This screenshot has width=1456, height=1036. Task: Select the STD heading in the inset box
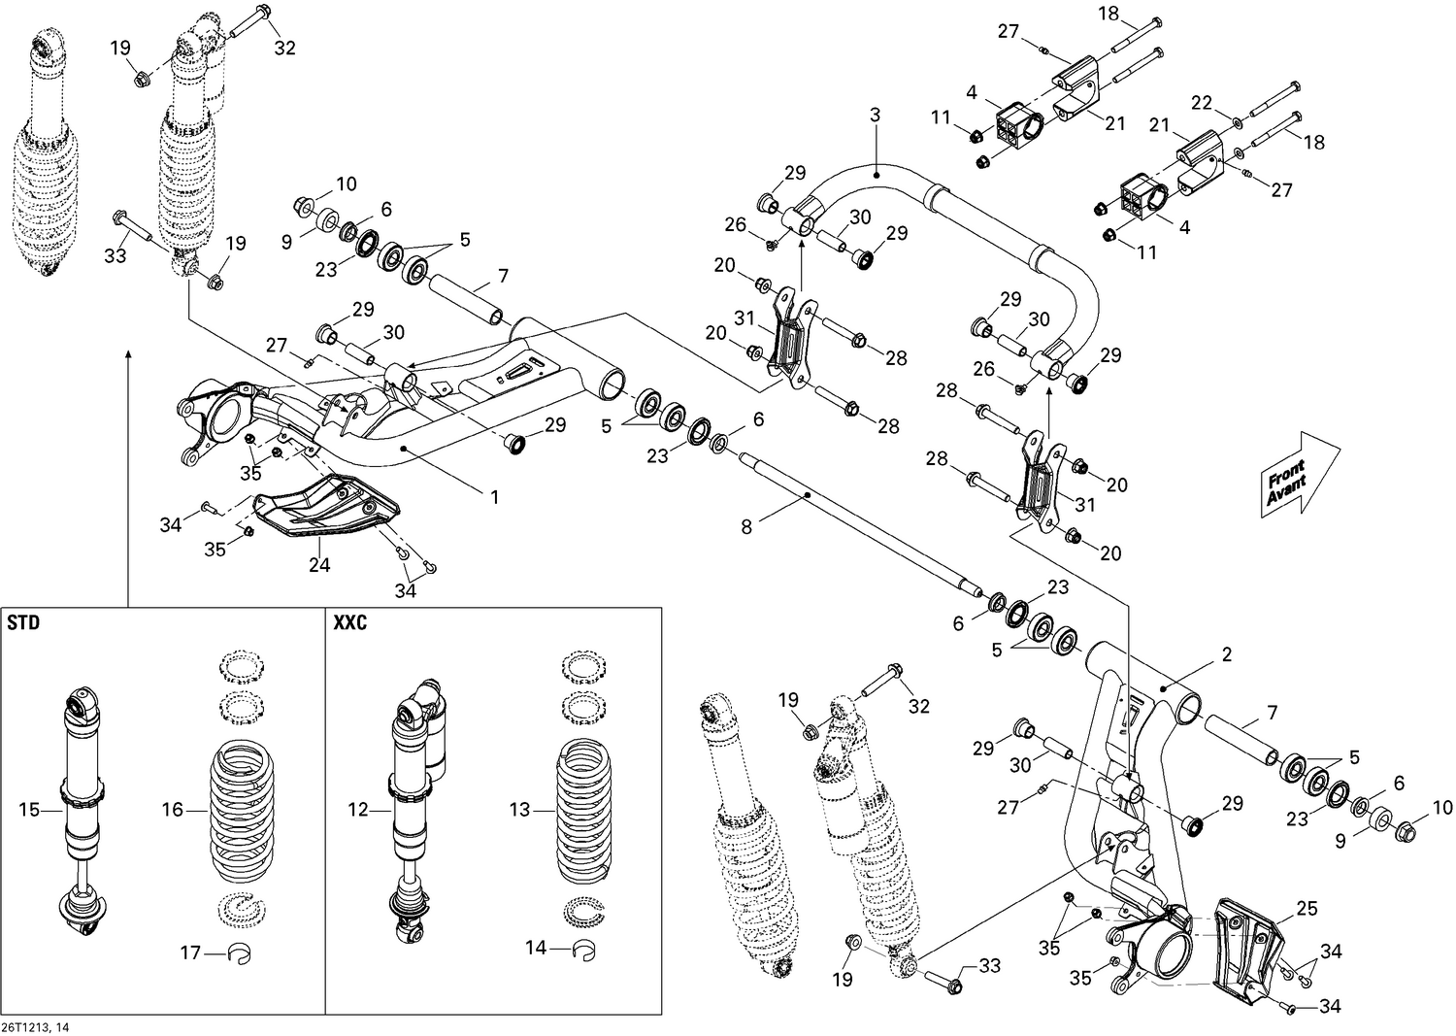pyautogui.click(x=24, y=624)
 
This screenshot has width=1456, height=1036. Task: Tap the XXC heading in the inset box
pyautogui.click(x=350, y=624)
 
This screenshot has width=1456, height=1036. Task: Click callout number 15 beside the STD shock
pyautogui.click(x=30, y=809)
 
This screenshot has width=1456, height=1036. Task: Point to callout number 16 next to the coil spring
pyautogui.click(x=172, y=809)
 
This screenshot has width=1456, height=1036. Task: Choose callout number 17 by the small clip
pyautogui.click(x=191, y=952)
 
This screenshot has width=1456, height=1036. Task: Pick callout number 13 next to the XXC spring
pyautogui.click(x=520, y=809)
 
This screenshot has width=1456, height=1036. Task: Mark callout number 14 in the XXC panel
pyautogui.click(x=536, y=948)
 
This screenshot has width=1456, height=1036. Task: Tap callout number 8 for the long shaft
pyautogui.click(x=745, y=527)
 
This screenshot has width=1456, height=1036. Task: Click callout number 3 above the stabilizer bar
pyautogui.click(x=875, y=115)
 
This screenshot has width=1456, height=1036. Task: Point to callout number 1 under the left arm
pyautogui.click(x=494, y=496)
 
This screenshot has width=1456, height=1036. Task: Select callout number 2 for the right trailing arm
pyautogui.click(x=1227, y=654)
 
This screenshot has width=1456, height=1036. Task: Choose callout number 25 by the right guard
pyautogui.click(x=1307, y=909)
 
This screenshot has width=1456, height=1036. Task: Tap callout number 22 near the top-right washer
pyautogui.click(x=1202, y=103)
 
